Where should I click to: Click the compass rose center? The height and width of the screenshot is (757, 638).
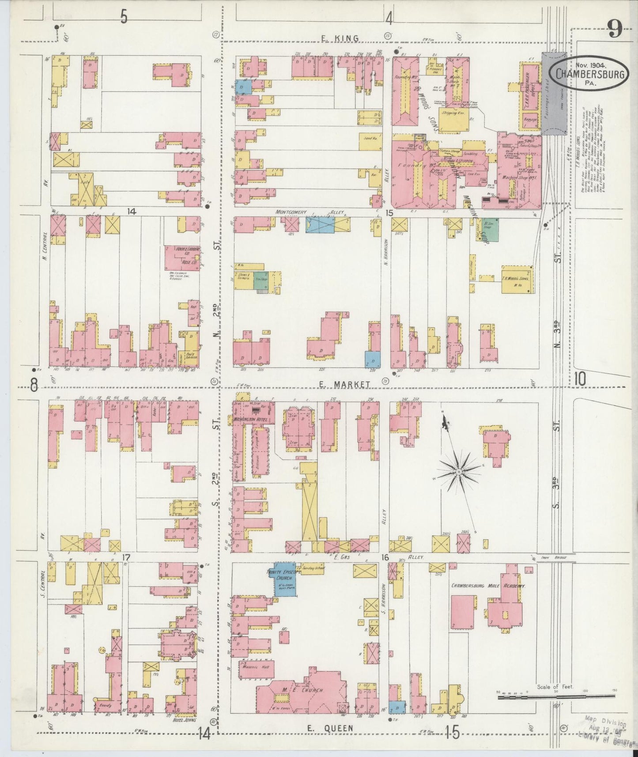(x=459, y=472)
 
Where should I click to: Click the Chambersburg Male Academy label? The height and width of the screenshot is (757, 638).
(x=488, y=586)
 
